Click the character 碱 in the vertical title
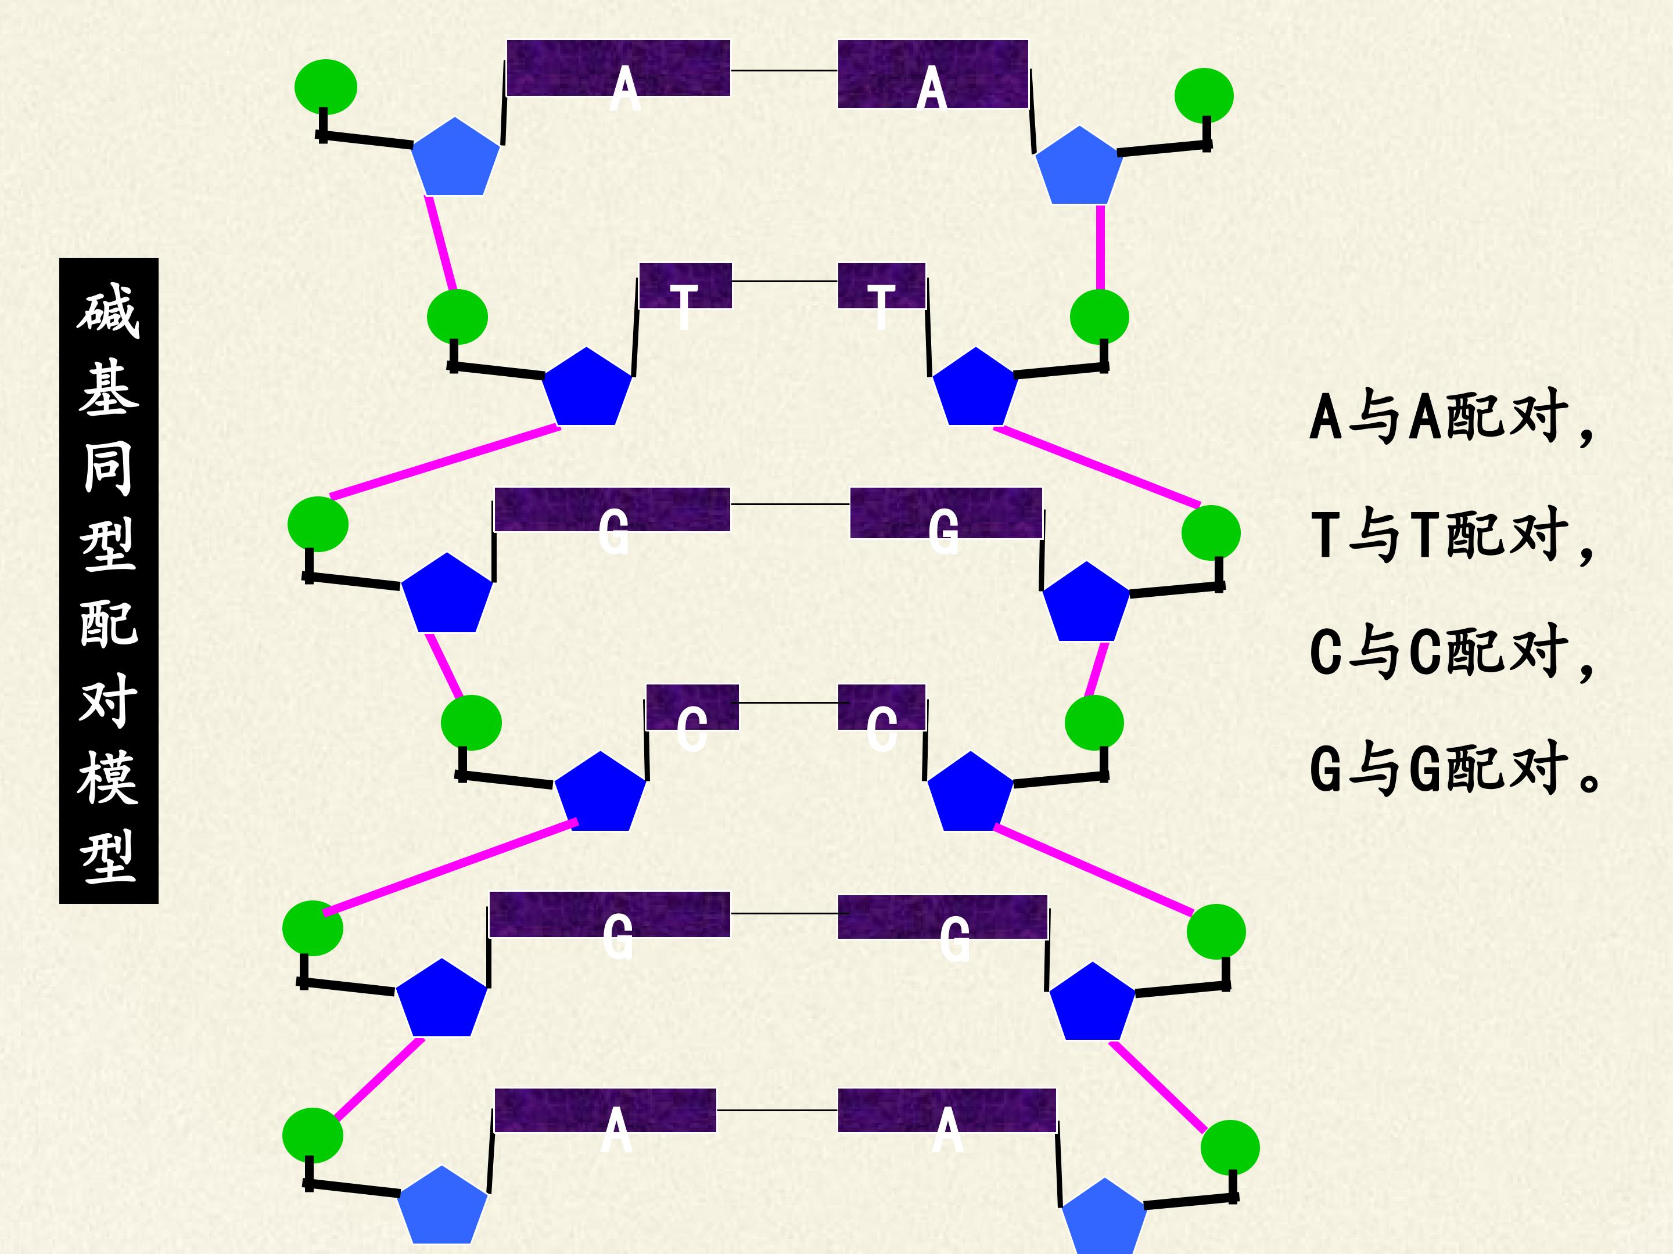click(108, 310)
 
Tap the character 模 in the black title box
click(108, 777)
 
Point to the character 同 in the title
click(108, 468)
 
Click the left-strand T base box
click(685, 286)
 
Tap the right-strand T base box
click(882, 286)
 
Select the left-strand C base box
click(692, 707)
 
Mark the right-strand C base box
click(882, 707)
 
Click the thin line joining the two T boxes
click(785, 281)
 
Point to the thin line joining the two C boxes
click(788, 703)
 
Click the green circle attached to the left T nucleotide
click(457, 317)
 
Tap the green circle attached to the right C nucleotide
click(1094, 723)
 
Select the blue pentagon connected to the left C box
click(599, 792)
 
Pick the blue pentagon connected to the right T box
click(975, 387)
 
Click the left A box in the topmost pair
click(618, 68)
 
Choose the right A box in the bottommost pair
click(947, 1111)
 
